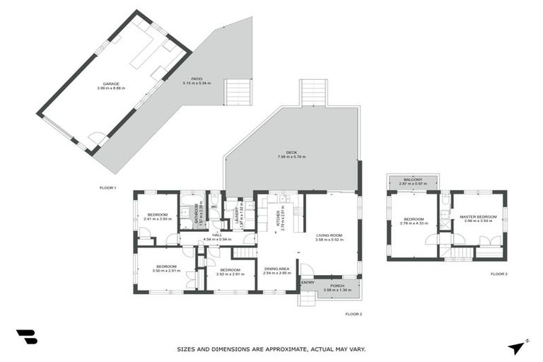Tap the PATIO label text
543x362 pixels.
click(x=196, y=79)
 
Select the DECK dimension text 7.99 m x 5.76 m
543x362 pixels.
click(x=291, y=157)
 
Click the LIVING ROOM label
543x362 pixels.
click(x=329, y=235)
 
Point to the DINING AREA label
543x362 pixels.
click(x=276, y=269)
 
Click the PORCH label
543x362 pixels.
click(x=337, y=286)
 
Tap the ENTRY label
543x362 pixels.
click(x=308, y=283)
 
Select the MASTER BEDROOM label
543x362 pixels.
click(x=478, y=217)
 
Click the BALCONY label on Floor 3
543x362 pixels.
click(x=413, y=180)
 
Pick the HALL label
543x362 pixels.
click(x=217, y=235)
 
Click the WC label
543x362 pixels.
click(x=214, y=206)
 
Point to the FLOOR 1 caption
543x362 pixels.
click(x=108, y=187)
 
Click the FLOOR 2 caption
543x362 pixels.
click(x=354, y=313)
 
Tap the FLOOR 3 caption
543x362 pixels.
click(x=498, y=274)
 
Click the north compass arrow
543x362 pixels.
click(x=518, y=347)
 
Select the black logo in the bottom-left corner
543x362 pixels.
click(x=26, y=337)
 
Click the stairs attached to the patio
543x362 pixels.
click(x=238, y=92)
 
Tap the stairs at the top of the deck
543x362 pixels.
click(x=313, y=93)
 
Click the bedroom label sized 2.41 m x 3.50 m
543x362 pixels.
click(x=157, y=216)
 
